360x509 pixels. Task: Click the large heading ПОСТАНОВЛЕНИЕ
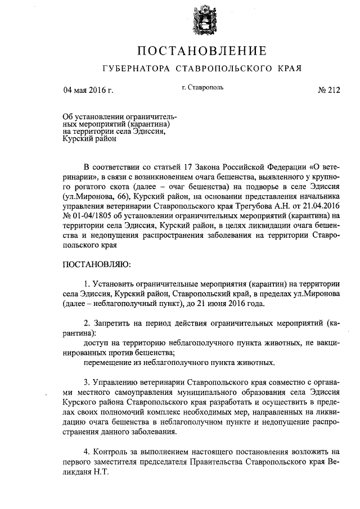click(201, 52)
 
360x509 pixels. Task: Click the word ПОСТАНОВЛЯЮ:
click(96, 264)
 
